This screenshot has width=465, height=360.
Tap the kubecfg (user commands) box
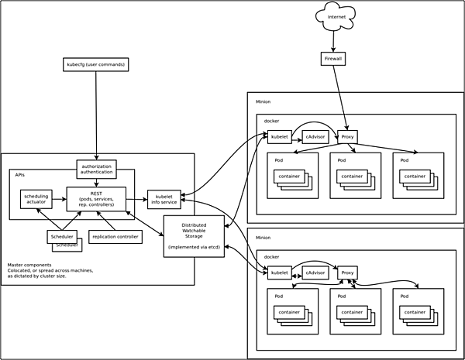95,64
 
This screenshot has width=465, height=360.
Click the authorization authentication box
96,169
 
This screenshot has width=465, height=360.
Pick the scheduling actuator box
36,199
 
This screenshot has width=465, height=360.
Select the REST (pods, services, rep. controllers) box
95,199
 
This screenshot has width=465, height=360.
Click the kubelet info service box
164,199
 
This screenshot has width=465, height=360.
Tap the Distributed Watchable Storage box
194,236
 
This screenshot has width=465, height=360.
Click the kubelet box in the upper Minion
279,137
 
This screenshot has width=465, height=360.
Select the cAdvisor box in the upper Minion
315,137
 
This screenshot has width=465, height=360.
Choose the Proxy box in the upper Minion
347,137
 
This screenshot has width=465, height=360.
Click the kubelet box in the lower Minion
279,273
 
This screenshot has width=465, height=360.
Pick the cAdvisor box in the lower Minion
315,273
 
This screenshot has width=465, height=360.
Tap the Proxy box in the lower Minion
347,273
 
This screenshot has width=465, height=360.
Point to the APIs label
20,176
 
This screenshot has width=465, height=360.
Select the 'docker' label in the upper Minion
271,121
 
